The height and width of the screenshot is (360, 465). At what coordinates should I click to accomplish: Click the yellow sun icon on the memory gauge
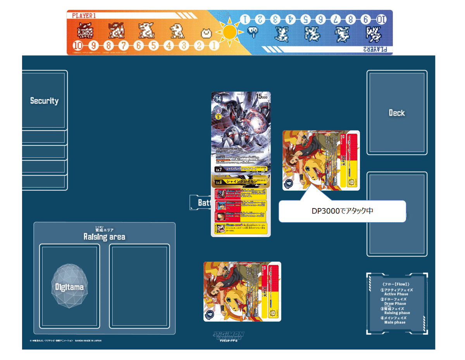coord(230,32)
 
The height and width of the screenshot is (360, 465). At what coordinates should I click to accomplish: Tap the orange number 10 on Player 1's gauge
coord(77,45)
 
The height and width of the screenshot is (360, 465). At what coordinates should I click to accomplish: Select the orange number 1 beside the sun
coord(213,45)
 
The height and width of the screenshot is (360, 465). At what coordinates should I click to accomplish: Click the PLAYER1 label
coord(84,16)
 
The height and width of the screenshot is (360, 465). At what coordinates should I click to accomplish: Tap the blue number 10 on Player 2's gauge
coord(381,19)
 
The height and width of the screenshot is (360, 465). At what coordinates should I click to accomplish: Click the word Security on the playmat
coord(44,101)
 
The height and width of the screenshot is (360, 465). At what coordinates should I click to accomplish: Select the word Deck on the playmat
coord(397,113)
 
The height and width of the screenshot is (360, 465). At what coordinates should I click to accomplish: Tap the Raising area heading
coord(104,236)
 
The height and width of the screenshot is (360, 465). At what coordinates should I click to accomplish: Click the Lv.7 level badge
coord(219,169)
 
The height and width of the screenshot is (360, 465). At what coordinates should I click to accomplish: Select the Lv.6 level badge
coord(219,181)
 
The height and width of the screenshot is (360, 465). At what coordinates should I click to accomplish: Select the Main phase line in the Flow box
coord(395,320)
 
